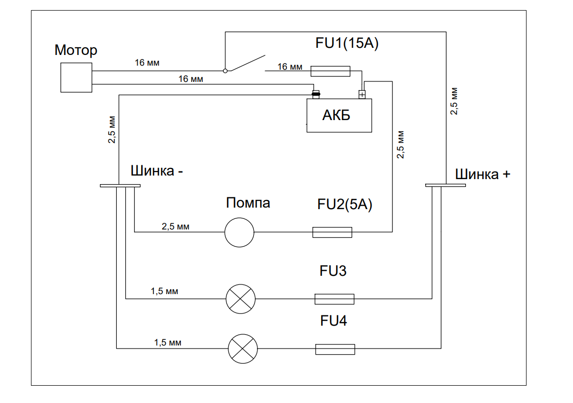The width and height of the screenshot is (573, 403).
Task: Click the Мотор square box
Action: [x=76, y=77]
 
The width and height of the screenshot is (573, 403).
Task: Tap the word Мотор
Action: [x=75, y=50]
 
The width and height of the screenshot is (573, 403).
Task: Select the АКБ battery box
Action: [x=339, y=116]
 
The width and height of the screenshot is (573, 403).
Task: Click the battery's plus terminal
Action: [x=362, y=94]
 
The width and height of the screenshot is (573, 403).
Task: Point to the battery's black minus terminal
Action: [x=316, y=94]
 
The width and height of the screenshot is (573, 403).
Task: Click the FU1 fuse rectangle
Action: [x=330, y=71]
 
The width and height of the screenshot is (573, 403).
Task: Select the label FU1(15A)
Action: [x=346, y=43]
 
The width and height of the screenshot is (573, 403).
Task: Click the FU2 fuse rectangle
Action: [x=332, y=233]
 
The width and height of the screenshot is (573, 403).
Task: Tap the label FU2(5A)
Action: [x=345, y=205]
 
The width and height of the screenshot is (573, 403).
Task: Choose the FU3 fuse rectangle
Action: [x=334, y=299]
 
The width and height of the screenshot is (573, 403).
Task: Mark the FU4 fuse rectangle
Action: [x=335, y=349]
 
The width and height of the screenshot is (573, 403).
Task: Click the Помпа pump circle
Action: [x=239, y=233]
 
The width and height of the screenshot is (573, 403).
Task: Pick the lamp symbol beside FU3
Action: [x=241, y=299]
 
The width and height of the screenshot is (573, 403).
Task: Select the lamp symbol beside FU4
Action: [x=243, y=349]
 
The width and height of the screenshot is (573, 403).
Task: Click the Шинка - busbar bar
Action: [x=120, y=186]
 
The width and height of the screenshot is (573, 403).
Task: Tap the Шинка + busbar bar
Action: [x=446, y=185]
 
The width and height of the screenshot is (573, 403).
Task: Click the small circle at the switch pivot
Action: [x=225, y=71]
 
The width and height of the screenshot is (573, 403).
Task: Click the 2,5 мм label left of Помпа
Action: [x=175, y=226]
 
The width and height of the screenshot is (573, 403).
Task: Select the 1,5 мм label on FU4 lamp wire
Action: [x=168, y=342]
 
